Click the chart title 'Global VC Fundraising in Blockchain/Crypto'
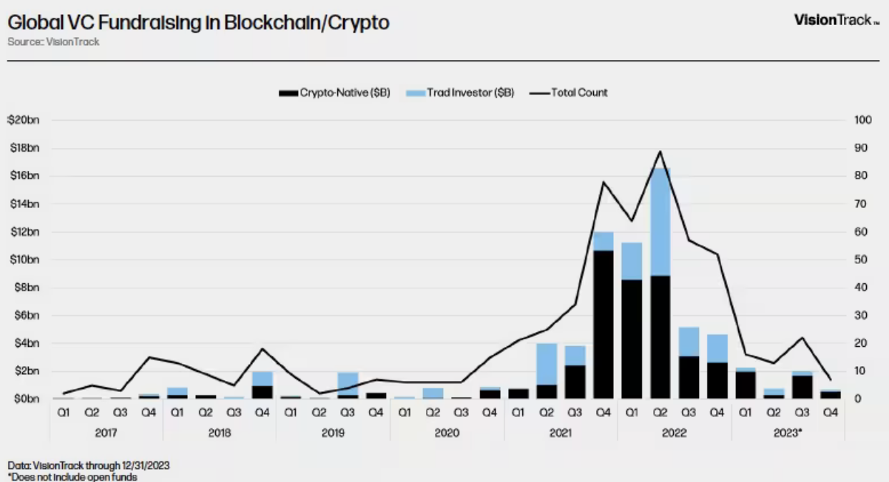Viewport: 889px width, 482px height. tap(199, 23)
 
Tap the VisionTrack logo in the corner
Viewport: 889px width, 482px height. tap(835, 20)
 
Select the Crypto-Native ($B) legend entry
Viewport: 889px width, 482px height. tap(334, 92)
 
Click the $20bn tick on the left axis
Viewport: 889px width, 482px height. tap(24, 120)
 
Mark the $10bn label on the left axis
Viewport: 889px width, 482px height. tap(24, 260)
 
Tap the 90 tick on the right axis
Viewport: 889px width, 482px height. tap(861, 148)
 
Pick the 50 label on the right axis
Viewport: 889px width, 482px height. tap(861, 260)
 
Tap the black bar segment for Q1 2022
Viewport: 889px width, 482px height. tap(632, 340)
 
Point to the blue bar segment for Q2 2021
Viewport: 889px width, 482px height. tap(547, 364)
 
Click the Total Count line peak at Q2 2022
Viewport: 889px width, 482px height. tap(660, 152)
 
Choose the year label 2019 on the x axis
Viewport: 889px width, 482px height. tap(333, 433)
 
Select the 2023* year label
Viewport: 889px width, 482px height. tap(789, 433)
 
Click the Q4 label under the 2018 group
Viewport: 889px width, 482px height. tap(262, 413)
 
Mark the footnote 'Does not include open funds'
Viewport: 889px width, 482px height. tap(72, 476)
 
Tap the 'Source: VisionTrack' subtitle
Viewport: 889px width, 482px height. tap(53, 41)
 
